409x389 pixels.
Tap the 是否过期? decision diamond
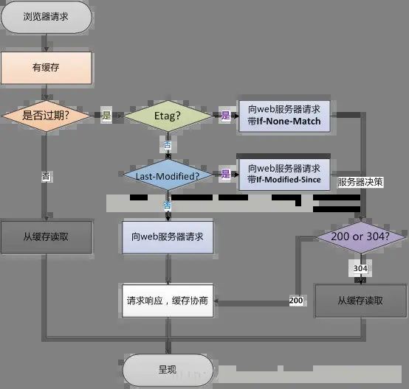(47, 116)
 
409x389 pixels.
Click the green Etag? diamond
(167, 116)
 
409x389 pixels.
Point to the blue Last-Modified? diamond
(167, 175)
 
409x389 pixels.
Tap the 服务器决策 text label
(360, 182)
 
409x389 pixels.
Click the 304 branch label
(360, 269)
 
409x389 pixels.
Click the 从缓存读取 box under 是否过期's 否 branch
(47, 236)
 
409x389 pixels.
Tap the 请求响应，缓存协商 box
(167, 301)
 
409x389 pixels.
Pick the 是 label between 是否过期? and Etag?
(106, 116)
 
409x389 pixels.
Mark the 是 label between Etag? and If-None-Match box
(226, 116)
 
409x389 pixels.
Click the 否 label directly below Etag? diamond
(167, 145)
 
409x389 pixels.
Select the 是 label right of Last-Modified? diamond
(226, 175)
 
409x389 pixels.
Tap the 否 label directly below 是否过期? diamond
(47, 177)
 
